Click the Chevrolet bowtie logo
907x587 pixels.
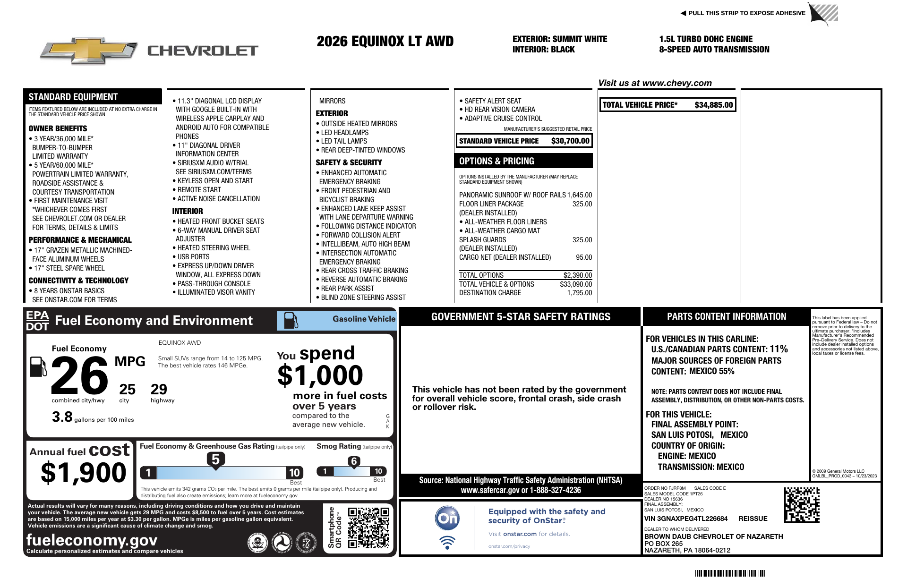pos(88,51)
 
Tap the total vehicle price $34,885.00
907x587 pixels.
pos(713,105)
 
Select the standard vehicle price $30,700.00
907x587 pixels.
pos(570,141)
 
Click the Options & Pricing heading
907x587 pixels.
pos(496,161)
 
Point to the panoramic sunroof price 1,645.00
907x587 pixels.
pos(580,195)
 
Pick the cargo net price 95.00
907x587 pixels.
pos(584,257)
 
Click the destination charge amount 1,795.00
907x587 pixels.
pos(579,293)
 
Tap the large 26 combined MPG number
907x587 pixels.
pos(79,376)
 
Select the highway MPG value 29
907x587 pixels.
pos(159,390)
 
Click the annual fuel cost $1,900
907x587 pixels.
pos(84,473)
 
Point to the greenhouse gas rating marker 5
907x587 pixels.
pos(215,459)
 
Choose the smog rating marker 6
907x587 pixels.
pos(354,461)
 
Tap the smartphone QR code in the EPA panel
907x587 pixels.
pos(368,527)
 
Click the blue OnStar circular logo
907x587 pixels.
pos(447,518)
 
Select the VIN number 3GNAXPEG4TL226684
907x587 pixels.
pos(686,519)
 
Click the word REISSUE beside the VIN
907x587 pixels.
pos(753,519)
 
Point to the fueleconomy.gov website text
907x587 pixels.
pos(92,540)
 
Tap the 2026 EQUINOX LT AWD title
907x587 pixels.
pos(385,42)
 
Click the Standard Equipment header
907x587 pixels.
pos(73,97)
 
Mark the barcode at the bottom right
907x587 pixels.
pos(730,573)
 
